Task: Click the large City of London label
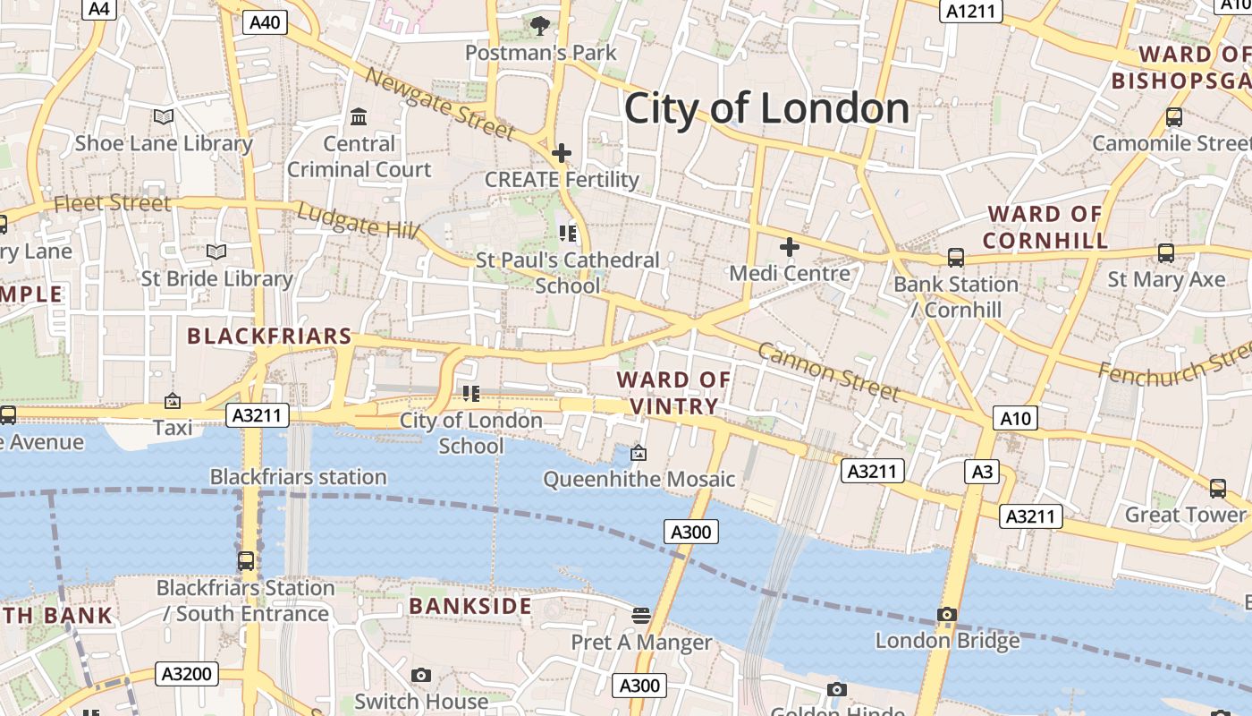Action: click(x=766, y=108)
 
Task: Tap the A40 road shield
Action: click(x=265, y=22)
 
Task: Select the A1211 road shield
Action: click(x=971, y=11)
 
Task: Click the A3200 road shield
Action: click(x=187, y=674)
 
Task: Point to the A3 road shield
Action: click(x=982, y=472)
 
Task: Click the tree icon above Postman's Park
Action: click(x=539, y=26)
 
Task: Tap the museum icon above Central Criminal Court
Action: click(x=360, y=117)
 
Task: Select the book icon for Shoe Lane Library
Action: click(x=163, y=117)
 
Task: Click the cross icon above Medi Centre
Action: click(x=790, y=246)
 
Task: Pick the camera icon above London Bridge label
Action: click(x=947, y=614)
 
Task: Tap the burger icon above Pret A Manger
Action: click(x=640, y=615)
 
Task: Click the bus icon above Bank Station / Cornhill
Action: click(x=955, y=258)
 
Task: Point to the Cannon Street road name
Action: click(x=828, y=371)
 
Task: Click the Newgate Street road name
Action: click(x=440, y=107)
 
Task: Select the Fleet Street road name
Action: click(x=112, y=203)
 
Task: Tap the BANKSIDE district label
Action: click(x=470, y=606)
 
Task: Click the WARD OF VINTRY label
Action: click(x=673, y=393)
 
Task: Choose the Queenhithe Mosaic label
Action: click(x=639, y=479)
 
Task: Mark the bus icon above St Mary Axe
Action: click(x=1166, y=253)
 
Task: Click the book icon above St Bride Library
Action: click(x=216, y=252)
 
